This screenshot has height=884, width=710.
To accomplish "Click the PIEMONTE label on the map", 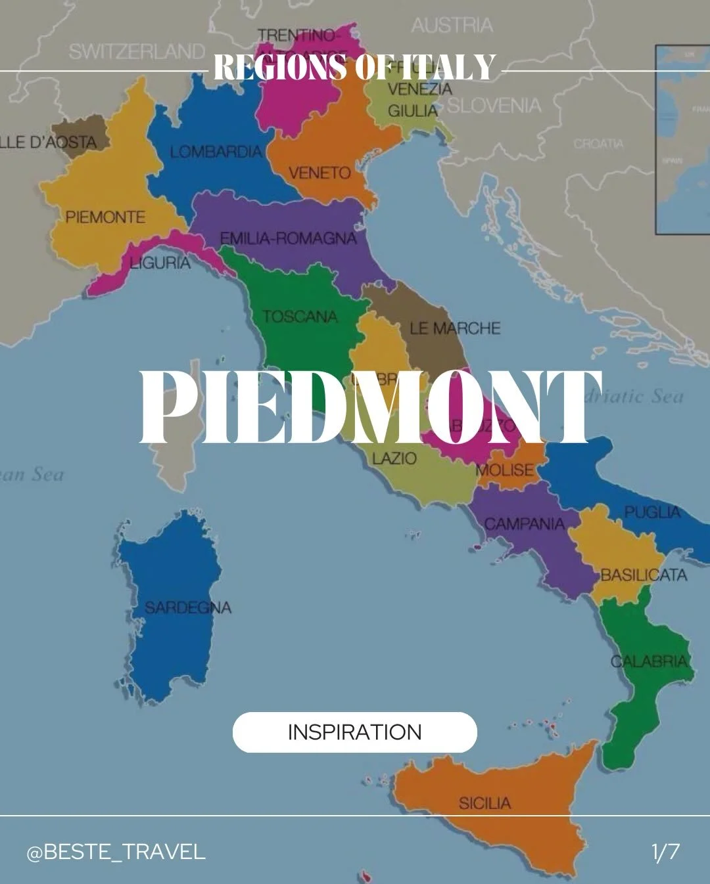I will tap(105, 217).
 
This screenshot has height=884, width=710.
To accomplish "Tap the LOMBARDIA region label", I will tap(216, 152).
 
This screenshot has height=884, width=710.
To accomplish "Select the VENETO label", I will tap(319, 173).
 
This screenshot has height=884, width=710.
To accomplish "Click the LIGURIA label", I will tap(160, 263).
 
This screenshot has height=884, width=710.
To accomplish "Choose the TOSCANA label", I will tap(300, 317).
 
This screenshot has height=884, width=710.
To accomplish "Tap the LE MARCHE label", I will tap(455, 328).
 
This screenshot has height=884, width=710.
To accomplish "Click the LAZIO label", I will tap(394, 458).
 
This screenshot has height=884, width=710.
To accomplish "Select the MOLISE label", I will tap(505, 470).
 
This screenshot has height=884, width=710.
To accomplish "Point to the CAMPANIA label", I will tap(525, 524).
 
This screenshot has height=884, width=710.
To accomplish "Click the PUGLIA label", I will tap(652, 512).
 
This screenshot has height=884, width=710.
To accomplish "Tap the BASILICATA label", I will tap(644, 575).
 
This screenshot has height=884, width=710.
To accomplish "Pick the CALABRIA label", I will tap(650, 661).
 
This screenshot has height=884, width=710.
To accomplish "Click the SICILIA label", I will tap(485, 803).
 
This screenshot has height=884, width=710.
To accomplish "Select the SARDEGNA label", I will tap(188, 608).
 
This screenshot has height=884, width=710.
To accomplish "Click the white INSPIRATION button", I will tap(354, 732).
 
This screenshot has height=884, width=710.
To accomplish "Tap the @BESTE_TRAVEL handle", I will tap(116, 852).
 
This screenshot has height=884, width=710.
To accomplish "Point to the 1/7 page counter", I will tap(665, 852).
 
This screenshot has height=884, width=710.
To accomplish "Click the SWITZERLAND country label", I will tap(137, 51).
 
